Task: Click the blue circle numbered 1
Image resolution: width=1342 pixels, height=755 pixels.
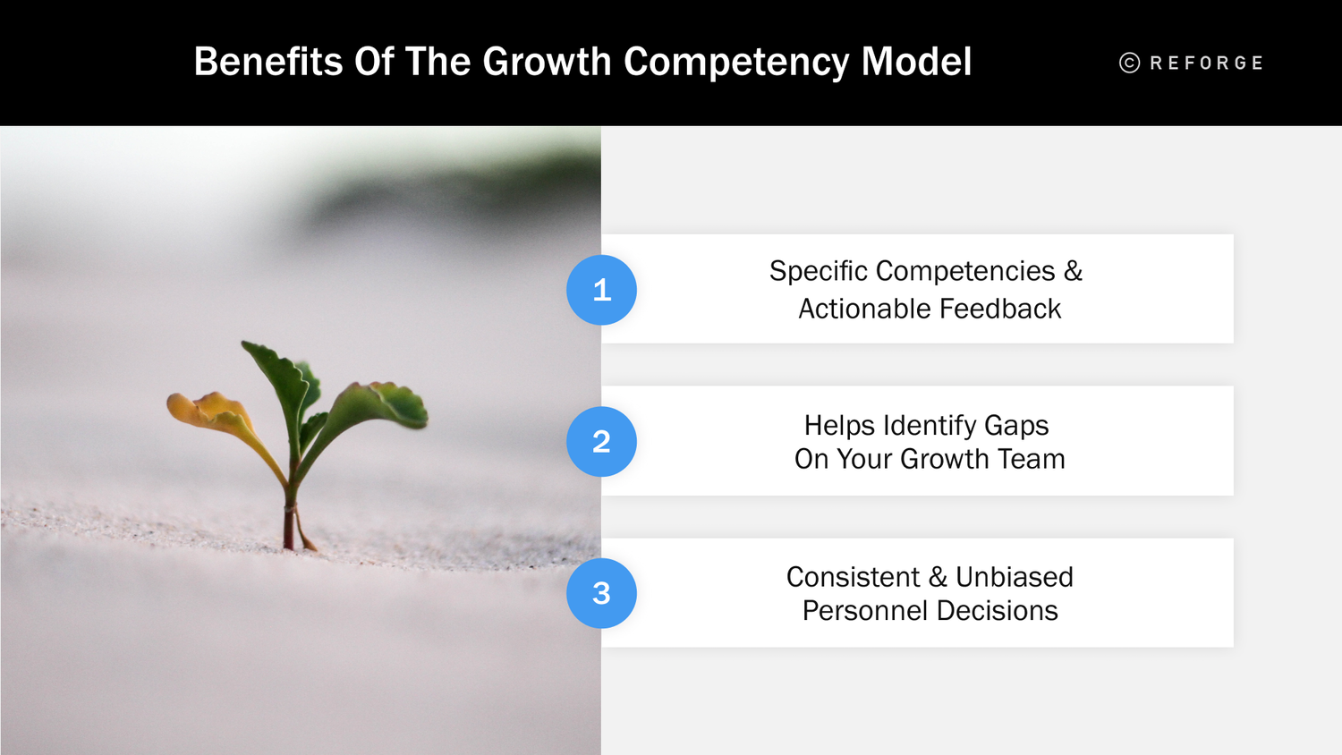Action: click(601, 290)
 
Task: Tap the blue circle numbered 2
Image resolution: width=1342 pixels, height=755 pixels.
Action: click(601, 441)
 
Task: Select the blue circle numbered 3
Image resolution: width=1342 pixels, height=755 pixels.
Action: click(601, 593)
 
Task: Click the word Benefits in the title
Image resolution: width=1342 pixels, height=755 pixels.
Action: click(268, 63)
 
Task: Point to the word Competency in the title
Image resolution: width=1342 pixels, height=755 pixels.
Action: click(735, 63)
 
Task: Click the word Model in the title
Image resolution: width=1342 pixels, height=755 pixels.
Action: click(916, 63)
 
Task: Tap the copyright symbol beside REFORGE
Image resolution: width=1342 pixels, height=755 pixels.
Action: click(1130, 63)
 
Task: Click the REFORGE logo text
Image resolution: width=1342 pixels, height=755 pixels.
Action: click(1206, 64)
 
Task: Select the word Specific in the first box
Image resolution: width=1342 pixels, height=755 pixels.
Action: click(818, 271)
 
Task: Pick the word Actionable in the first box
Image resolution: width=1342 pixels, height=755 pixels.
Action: click(864, 310)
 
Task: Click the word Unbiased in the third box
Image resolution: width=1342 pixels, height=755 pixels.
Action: click(1014, 577)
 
